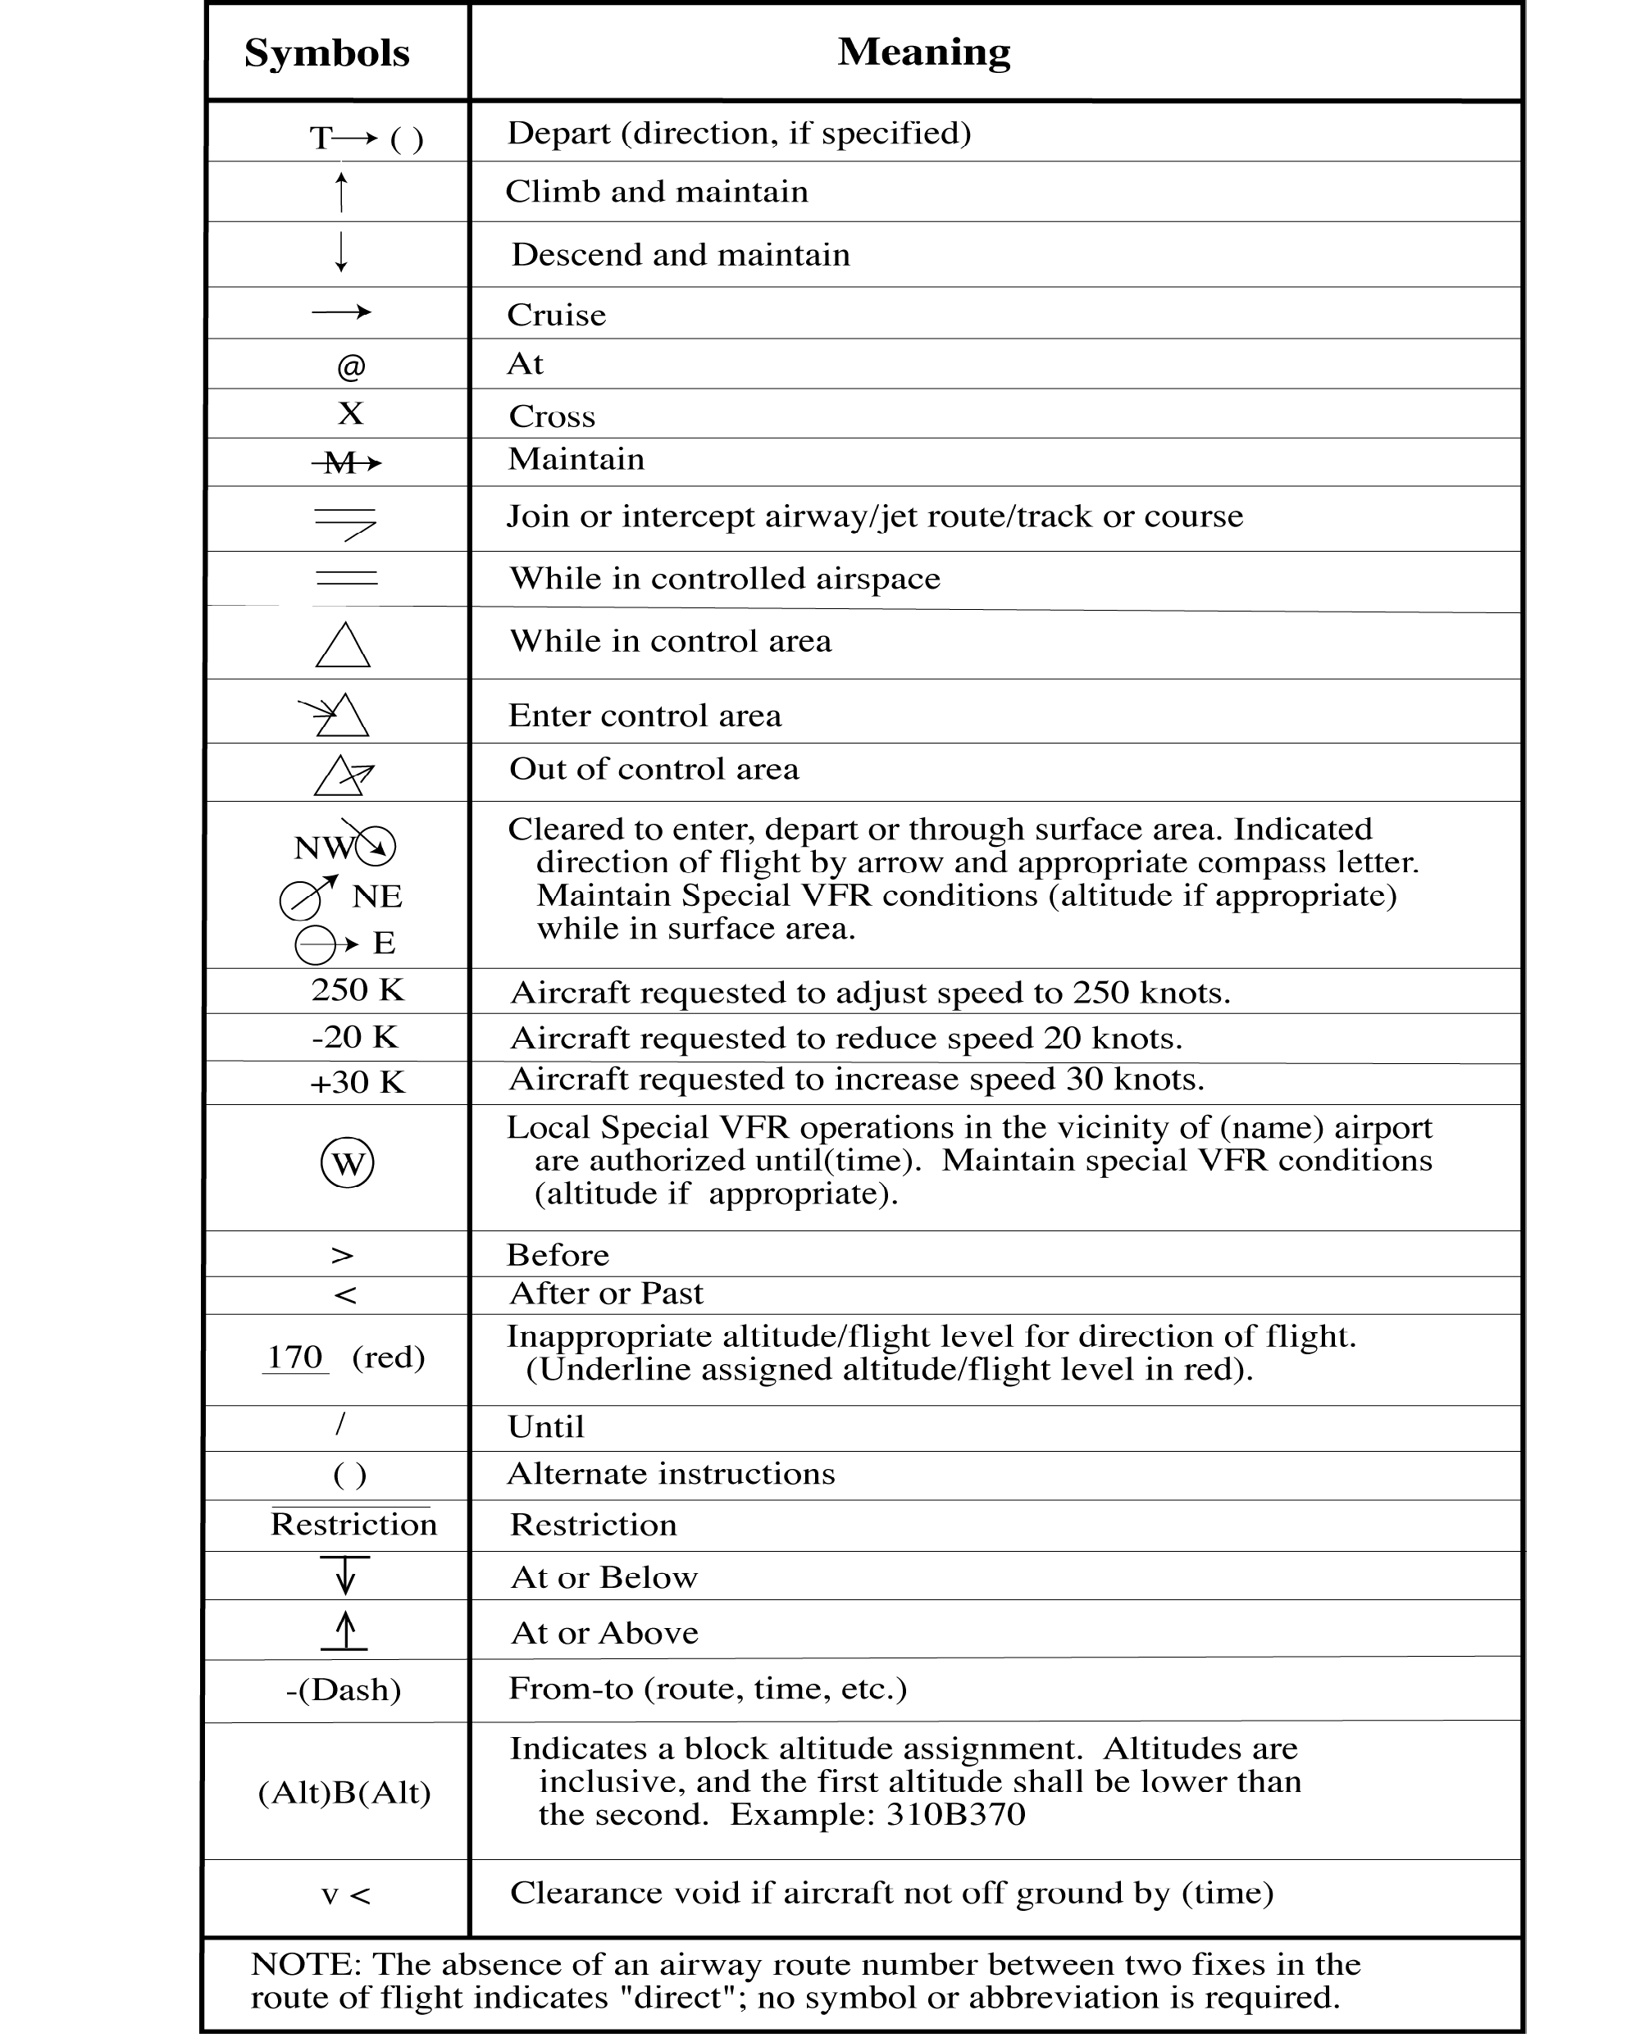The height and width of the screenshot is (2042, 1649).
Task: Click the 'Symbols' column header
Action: point(326,53)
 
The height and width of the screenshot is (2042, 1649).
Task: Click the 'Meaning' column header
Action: point(923,52)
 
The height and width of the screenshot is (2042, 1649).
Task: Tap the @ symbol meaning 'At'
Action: point(350,366)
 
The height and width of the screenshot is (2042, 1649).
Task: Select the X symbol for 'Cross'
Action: point(350,413)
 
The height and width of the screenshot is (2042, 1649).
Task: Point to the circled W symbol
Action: point(348,1162)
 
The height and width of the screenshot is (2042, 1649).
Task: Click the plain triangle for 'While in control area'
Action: point(343,646)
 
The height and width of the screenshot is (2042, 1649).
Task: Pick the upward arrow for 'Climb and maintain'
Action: point(342,193)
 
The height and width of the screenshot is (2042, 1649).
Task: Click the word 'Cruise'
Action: point(556,314)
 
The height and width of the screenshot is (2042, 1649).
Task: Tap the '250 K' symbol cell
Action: point(358,989)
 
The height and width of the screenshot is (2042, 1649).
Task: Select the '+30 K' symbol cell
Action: point(358,1082)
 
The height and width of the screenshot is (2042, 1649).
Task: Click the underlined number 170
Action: point(294,1356)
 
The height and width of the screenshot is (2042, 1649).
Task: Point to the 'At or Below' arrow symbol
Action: point(346,1576)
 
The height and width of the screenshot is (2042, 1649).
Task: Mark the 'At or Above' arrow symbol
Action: point(345,1630)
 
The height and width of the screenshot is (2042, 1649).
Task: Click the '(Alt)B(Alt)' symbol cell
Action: point(344,1792)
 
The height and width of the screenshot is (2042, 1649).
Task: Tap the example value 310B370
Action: point(954,1814)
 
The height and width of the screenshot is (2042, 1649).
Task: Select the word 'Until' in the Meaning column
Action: point(546,1426)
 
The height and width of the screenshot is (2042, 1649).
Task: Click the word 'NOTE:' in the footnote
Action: point(306,1963)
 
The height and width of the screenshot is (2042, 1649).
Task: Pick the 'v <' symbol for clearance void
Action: point(346,1894)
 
